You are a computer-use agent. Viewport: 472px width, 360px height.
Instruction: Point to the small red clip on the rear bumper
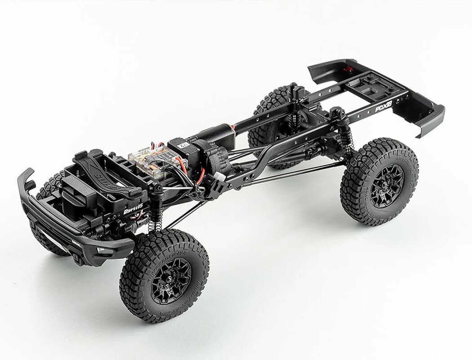point(347,69)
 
